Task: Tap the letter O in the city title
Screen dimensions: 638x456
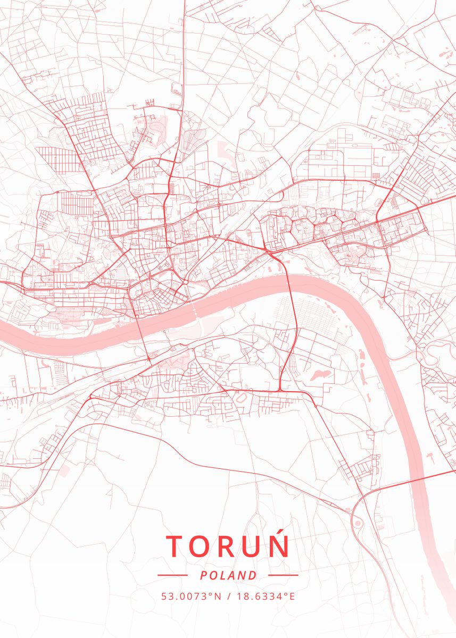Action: [203, 547]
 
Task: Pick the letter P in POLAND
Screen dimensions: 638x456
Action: [204, 575]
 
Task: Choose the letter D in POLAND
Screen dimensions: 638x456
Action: [252, 575]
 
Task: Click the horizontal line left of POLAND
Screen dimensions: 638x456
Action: [172, 575]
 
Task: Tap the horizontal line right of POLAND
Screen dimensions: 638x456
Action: [283, 575]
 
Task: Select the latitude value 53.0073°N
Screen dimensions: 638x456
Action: [191, 596]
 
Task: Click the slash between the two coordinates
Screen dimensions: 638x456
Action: [228, 596]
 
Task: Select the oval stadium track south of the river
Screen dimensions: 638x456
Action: [242, 397]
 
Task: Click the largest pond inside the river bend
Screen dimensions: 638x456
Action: [320, 374]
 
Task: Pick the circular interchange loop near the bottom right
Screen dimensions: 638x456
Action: [358, 524]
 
